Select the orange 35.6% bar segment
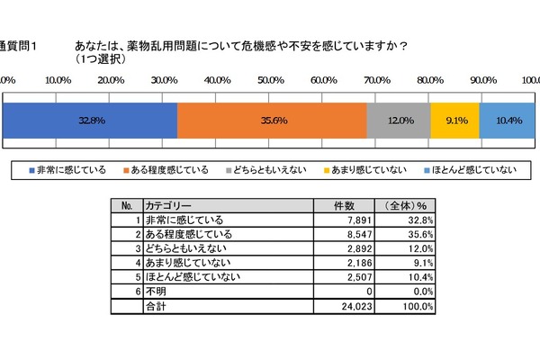pyautogui.click(x=272, y=121)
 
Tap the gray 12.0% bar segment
pyautogui.click(x=399, y=121)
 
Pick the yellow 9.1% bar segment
pyautogui.click(x=454, y=121)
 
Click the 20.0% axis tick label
pyautogui.click(x=111, y=79)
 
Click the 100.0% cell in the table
pyautogui.click(x=418, y=306)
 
